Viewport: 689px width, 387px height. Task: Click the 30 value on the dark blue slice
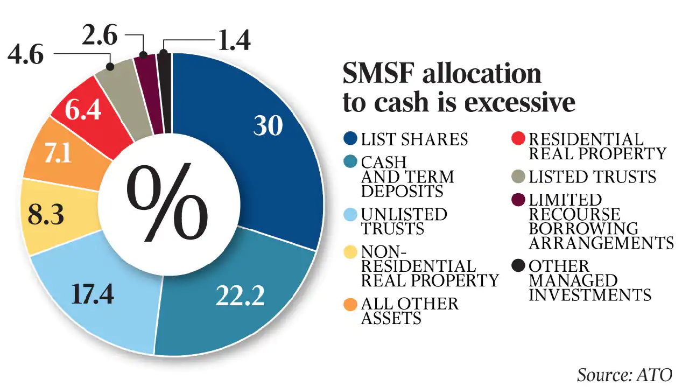(x=268, y=125)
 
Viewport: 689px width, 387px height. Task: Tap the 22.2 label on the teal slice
(x=240, y=295)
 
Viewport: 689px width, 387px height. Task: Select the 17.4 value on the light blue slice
(x=92, y=294)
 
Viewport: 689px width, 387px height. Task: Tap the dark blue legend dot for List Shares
(x=351, y=139)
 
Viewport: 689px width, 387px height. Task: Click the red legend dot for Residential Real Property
(x=520, y=139)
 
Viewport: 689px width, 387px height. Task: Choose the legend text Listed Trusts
(x=592, y=177)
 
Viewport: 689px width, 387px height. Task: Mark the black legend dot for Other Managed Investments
(x=520, y=266)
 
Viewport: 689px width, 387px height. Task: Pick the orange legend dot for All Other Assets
(x=351, y=304)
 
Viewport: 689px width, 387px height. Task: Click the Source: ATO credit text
(x=625, y=375)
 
